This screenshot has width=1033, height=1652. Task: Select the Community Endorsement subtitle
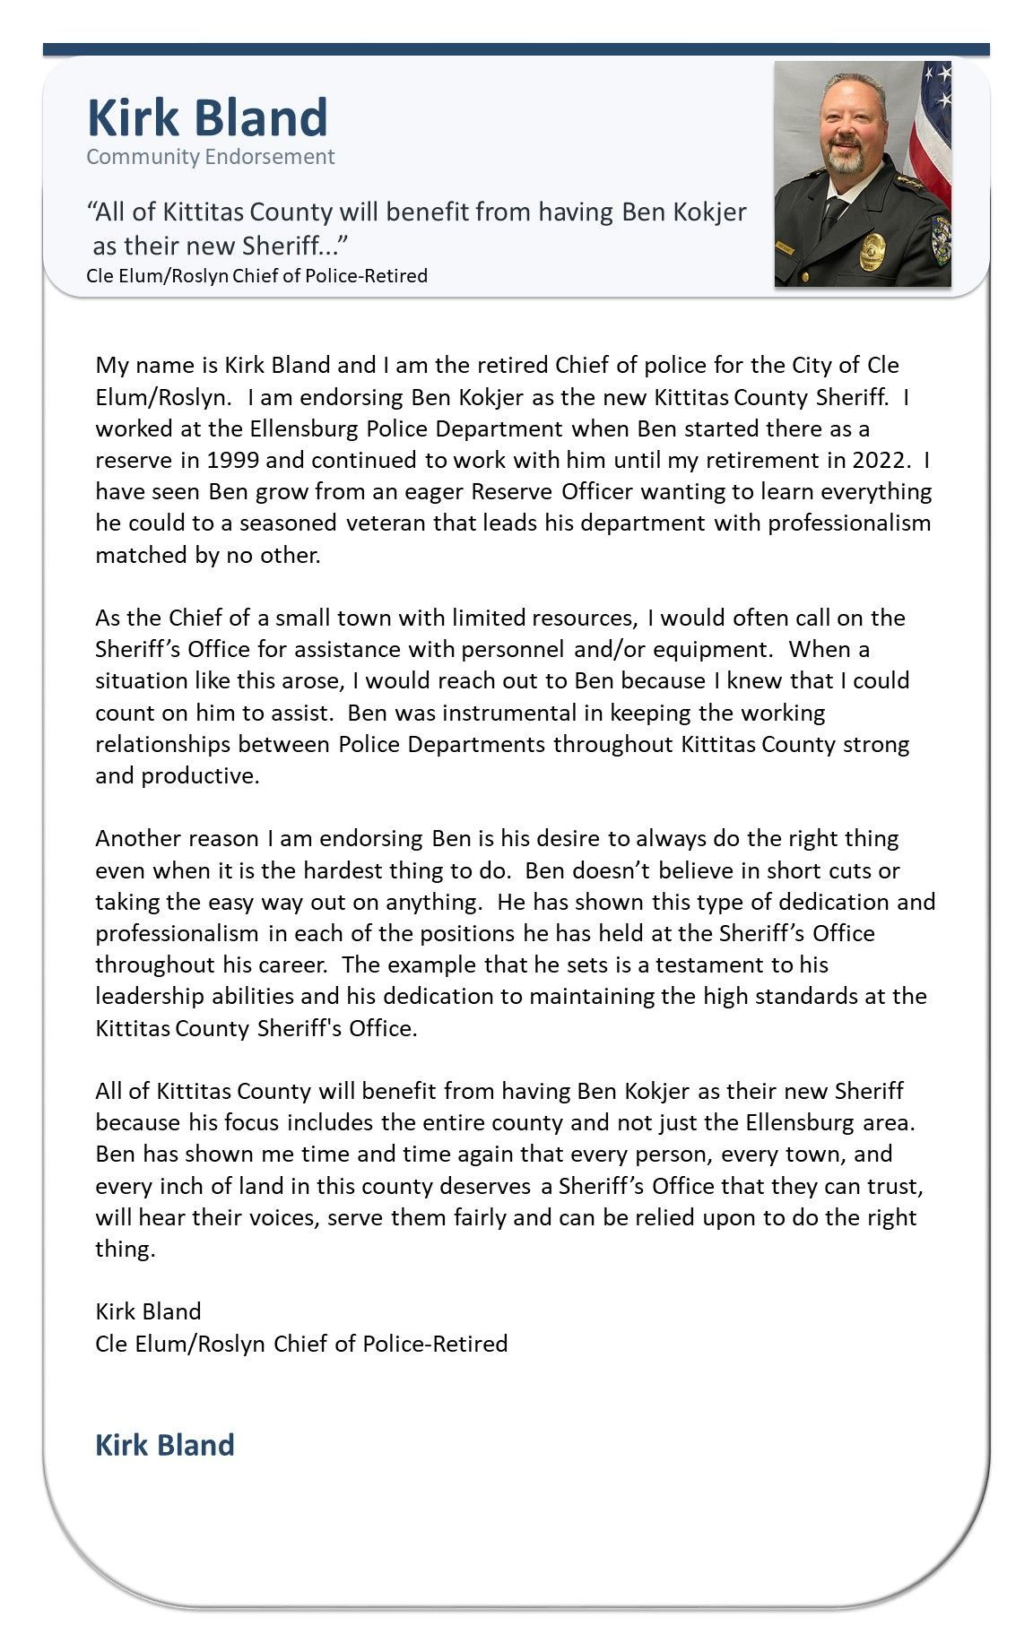click(x=210, y=157)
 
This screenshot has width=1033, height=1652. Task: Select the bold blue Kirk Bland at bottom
click(x=165, y=1445)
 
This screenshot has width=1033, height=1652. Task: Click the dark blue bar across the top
click(x=516, y=49)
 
